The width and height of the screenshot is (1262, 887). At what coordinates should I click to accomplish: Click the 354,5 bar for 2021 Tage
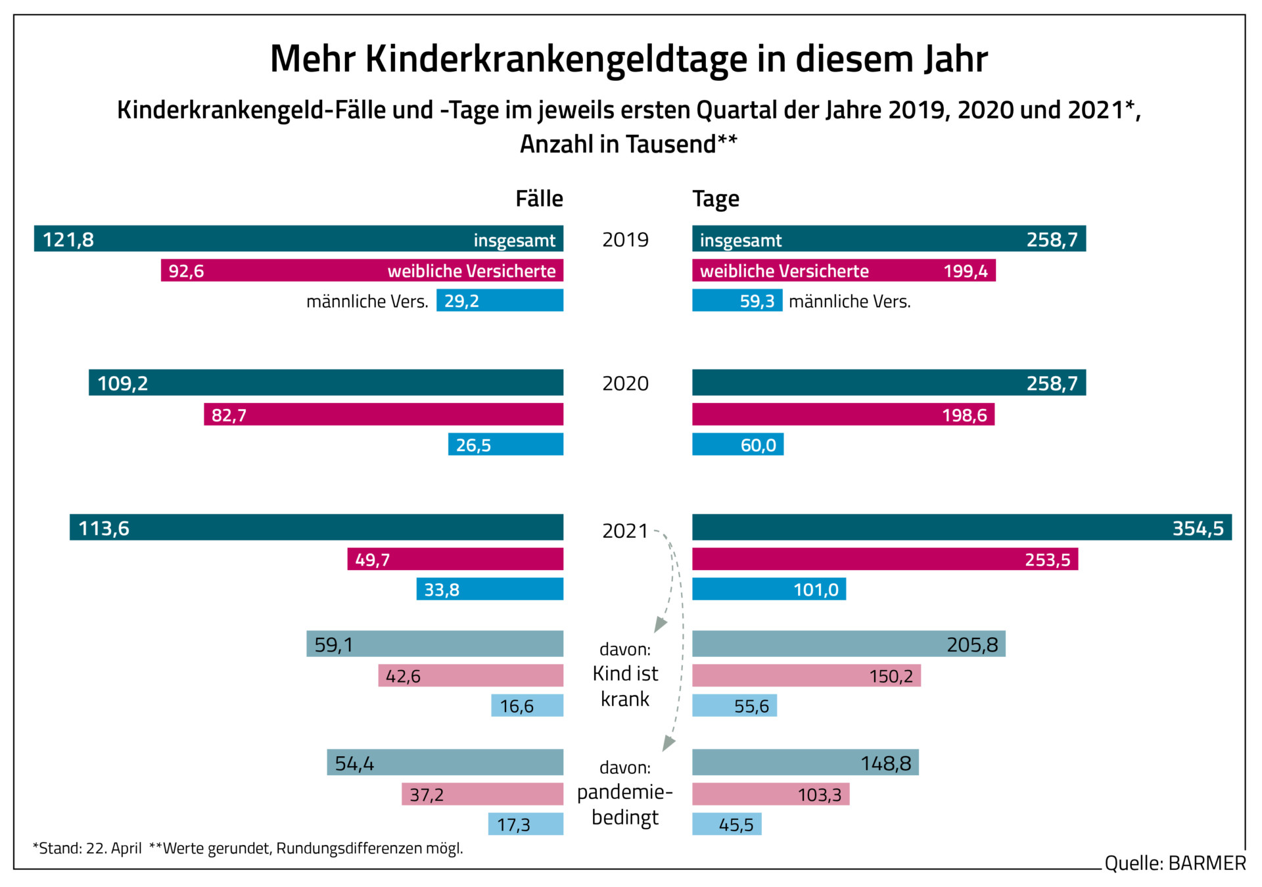(x=962, y=527)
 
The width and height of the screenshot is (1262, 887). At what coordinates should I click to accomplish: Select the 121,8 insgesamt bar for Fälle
(x=298, y=239)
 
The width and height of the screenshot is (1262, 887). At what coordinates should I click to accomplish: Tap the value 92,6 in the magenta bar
(x=186, y=271)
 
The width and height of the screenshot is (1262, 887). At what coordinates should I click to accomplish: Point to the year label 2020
(x=625, y=383)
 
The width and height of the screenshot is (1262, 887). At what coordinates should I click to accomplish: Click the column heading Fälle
(x=539, y=199)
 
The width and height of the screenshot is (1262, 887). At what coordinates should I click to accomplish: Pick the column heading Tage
(x=716, y=199)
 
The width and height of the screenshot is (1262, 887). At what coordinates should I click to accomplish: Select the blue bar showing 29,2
(x=500, y=300)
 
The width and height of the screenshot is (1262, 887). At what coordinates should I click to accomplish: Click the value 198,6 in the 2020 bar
(x=964, y=415)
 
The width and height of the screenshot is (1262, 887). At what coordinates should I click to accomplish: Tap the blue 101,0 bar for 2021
(x=769, y=589)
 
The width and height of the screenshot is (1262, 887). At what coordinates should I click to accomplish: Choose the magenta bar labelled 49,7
(x=455, y=560)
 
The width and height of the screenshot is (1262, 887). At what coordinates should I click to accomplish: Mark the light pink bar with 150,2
(x=806, y=675)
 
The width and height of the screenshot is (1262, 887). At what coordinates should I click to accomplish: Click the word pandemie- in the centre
(x=625, y=792)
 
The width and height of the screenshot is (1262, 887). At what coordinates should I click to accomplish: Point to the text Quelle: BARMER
(x=1175, y=863)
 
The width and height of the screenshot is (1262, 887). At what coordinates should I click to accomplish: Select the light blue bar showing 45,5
(x=727, y=824)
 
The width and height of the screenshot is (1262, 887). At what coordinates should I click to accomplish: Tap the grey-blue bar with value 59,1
(x=434, y=644)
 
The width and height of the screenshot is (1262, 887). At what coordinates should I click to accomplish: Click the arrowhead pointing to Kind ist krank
(x=660, y=625)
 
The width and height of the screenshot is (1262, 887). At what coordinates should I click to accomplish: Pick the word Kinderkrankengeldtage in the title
(x=556, y=59)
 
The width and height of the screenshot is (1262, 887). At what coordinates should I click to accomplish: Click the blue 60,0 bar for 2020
(x=737, y=444)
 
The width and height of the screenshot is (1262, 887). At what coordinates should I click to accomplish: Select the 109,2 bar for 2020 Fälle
(x=326, y=383)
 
